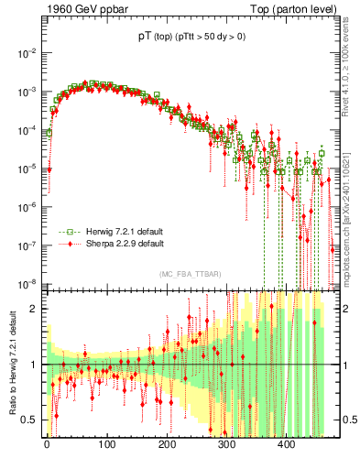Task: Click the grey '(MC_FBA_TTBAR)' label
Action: pos(189,274)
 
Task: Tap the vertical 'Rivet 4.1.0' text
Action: pos(351,64)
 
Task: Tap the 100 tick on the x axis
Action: pos(106,446)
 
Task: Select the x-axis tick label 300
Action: pos(226,446)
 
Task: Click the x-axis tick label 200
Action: pos(166,446)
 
